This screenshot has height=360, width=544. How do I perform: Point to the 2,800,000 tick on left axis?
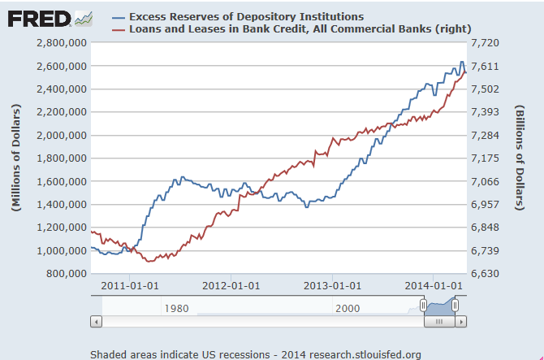[59, 42]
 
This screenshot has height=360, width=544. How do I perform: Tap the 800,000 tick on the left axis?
[65, 274]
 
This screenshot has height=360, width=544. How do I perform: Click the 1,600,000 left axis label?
[59, 181]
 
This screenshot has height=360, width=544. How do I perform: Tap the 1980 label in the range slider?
[177, 308]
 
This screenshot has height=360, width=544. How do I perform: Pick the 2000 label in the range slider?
[347, 308]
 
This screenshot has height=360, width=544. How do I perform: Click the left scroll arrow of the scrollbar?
[96, 321]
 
